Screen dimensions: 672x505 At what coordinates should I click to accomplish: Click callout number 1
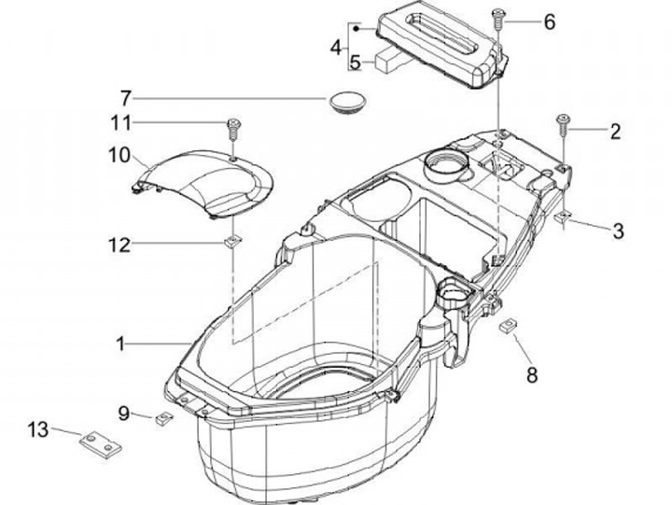(120, 345)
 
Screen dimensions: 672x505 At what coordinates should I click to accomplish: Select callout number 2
(614, 132)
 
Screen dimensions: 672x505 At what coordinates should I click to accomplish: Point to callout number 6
(549, 21)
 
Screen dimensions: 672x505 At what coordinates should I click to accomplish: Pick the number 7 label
(125, 97)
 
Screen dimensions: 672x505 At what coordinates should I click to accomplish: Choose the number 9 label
(123, 411)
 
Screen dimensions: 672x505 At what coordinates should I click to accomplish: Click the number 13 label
(36, 429)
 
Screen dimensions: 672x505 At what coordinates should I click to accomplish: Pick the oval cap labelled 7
(345, 99)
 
